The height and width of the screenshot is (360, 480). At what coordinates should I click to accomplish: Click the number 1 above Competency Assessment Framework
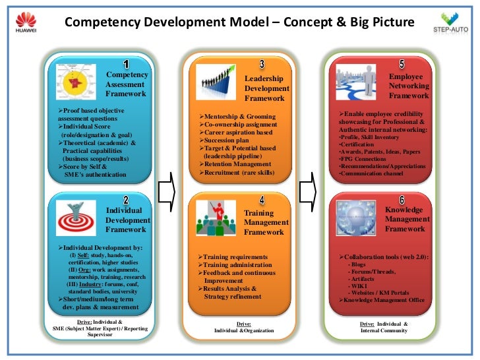pos(126,64)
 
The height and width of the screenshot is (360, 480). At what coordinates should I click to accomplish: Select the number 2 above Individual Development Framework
pos(126,200)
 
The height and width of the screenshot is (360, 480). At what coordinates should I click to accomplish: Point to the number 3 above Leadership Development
pos(262,64)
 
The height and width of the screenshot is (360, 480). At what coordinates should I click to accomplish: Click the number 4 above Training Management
pos(262,200)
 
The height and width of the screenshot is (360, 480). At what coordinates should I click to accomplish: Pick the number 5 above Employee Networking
pos(402,64)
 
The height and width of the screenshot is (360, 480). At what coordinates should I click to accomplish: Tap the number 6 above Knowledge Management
pos(402,200)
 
